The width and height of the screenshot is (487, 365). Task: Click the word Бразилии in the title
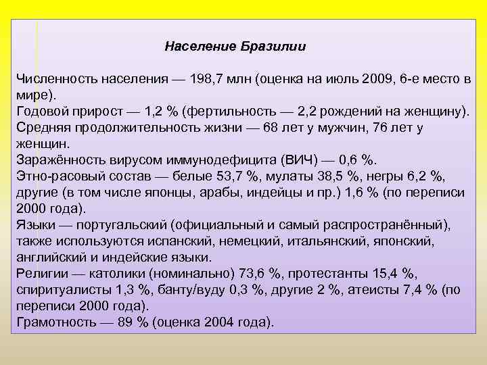click(x=279, y=47)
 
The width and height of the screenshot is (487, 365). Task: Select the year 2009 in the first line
click(x=377, y=78)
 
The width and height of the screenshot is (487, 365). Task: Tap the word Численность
click(x=57, y=78)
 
